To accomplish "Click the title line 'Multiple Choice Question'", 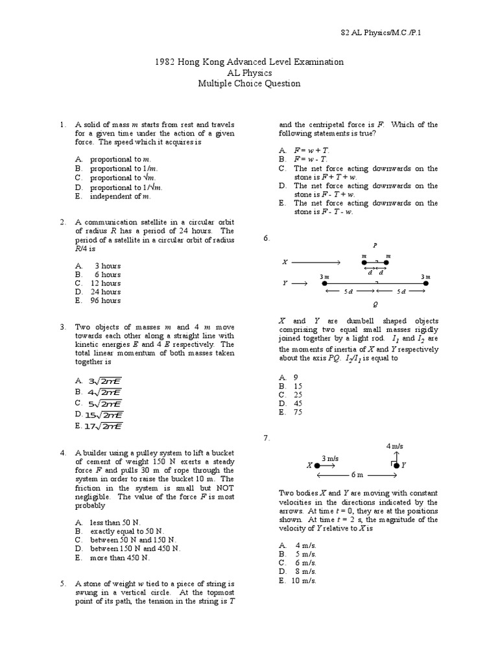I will (x=250, y=84).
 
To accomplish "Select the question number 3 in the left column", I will (x=62, y=327).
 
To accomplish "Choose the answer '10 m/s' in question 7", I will (x=305, y=580).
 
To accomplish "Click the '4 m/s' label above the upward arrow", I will (x=395, y=447).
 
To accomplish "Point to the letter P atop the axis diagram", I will (x=375, y=245).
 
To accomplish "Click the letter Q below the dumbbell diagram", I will (x=375, y=303).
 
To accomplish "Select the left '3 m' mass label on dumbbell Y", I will (x=324, y=277).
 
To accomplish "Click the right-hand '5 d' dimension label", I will (x=402, y=291).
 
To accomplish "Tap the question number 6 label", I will (x=266, y=239).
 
